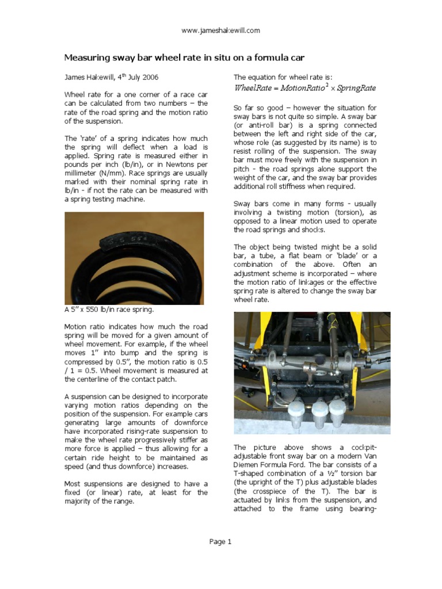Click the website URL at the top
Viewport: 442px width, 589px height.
[220, 30]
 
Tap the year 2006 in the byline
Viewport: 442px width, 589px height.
[148, 77]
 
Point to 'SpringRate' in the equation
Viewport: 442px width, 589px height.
[356, 89]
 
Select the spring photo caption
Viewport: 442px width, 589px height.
[109, 309]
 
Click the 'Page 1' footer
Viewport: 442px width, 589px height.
[220, 541]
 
